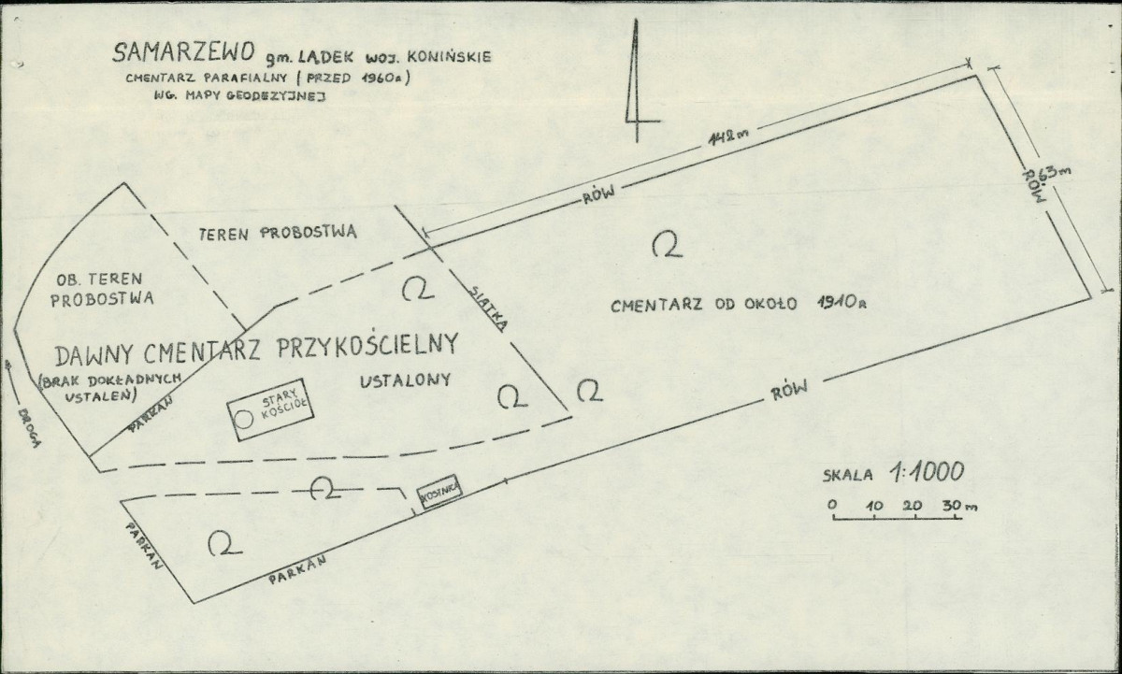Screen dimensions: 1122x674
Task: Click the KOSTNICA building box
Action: (x=440, y=491)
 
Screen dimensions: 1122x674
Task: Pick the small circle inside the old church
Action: (x=244, y=420)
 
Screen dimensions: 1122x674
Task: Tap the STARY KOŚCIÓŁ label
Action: (x=282, y=405)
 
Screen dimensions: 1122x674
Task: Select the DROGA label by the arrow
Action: (x=29, y=428)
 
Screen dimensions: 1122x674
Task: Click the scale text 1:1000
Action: (x=927, y=472)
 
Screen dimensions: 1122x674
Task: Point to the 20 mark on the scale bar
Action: (x=913, y=505)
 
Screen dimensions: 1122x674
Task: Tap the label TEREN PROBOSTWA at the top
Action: (x=278, y=233)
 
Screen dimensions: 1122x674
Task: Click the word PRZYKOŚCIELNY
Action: (x=367, y=346)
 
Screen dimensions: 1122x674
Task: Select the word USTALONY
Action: (x=405, y=380)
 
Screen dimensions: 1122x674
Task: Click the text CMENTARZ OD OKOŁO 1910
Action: (x=739, y=304)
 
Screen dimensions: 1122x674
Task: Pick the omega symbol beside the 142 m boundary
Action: (x=668, y=244)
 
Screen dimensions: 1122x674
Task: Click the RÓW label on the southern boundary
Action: (x=789, y=390)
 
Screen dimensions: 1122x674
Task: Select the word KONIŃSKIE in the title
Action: (x=450, y=57)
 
